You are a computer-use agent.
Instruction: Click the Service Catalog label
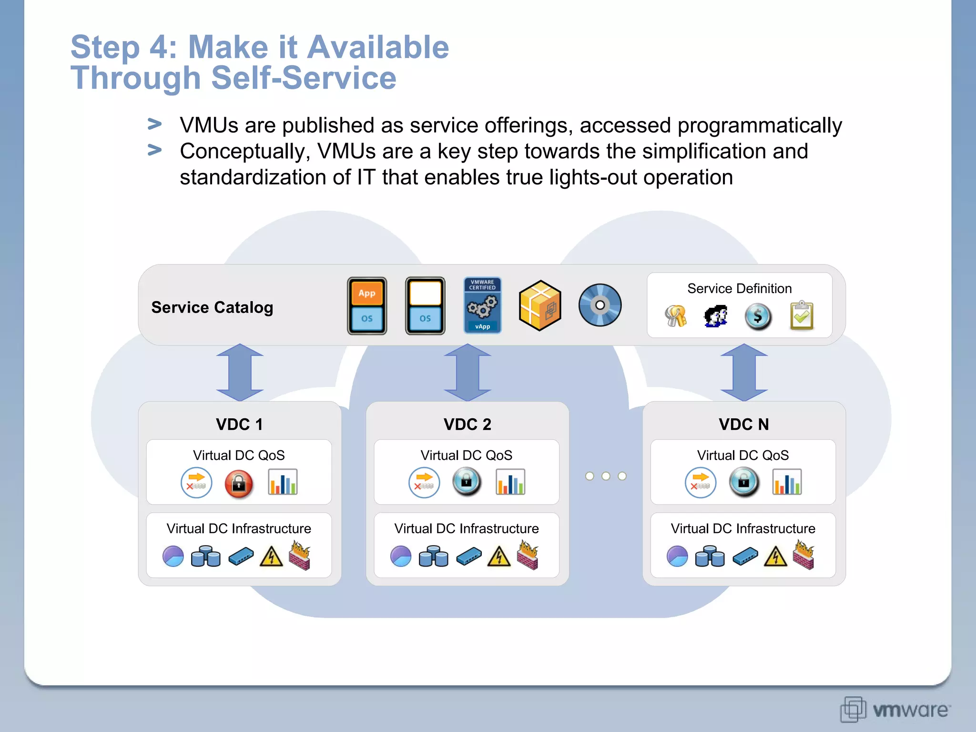tap(212, 307)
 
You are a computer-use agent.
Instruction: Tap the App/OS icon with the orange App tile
tap(367, 306)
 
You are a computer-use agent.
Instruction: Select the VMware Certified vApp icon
tap(482, 305)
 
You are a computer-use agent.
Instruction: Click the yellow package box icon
tap(540, 305)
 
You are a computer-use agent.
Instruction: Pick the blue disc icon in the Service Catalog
tap(600, 305)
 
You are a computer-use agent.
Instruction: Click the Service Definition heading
tap(739, 288)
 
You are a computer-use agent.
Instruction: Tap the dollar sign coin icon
tap(758, 316)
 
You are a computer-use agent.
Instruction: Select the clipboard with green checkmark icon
tap(802, 315)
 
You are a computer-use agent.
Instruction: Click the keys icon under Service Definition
tap(676, 316)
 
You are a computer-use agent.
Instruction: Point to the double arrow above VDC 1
tap(240, 373)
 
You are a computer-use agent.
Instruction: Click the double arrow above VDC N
tap(744, 373)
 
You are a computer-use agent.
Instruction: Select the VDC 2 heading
tap(467, 424)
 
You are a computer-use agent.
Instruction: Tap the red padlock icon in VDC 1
tap(239, 484)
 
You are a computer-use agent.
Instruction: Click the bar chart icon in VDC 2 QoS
tap(510, 482)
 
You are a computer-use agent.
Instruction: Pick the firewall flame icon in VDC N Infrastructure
tap(804, 555)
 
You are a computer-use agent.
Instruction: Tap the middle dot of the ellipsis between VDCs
tap(606, 476)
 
